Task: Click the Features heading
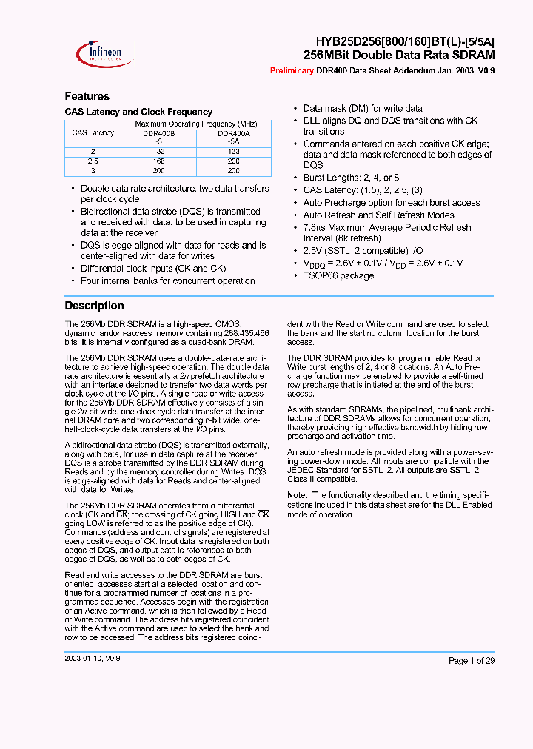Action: (x=87, y=96)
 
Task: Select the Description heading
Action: (x=94, y=306)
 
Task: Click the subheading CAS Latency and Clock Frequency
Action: (x=138, y=112)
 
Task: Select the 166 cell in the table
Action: (x=159, y=160)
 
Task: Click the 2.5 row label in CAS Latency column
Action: (x=93, y=160)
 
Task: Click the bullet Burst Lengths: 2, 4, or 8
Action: (x=351, y=178)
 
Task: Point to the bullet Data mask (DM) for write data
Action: (x=363, y=108)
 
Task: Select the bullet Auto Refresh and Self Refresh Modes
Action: (x=378, y=215)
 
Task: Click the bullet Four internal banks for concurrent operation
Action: (x=167, y=281)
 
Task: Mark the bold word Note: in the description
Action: (x=297, y=495)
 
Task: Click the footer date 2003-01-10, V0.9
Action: (x=93, y=658)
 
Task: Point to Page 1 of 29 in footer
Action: (x=472, y=661)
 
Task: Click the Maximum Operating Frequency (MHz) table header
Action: (x=196, y=124)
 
